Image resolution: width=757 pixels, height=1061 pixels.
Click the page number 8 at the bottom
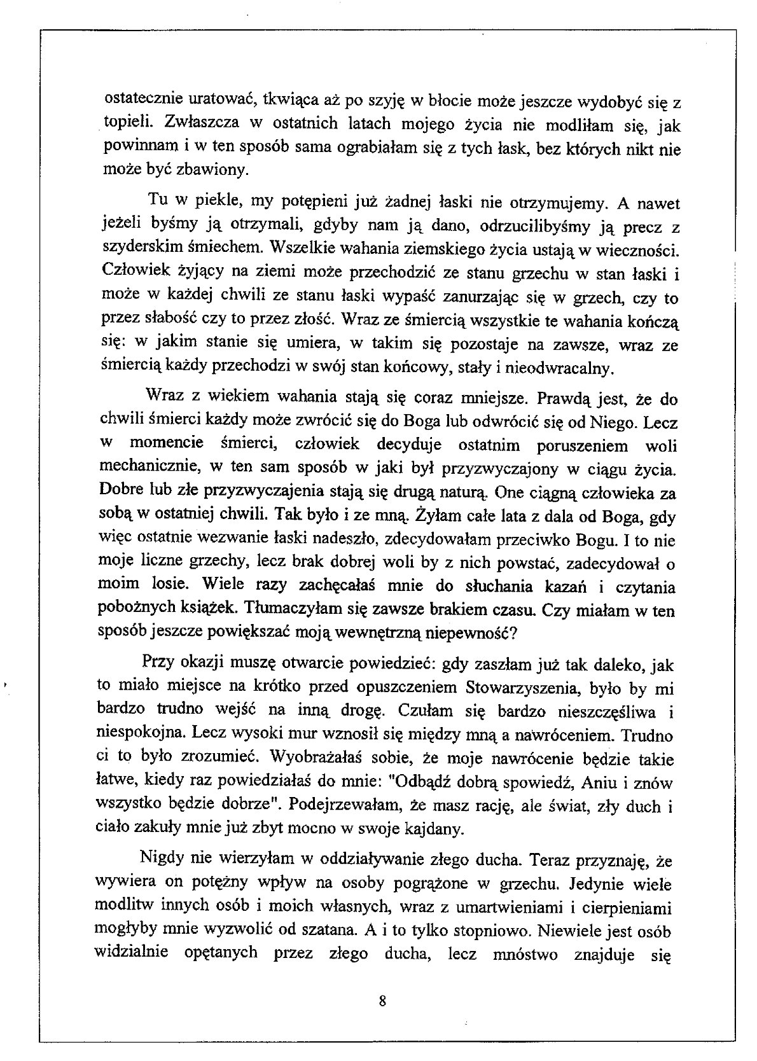tap(382, 1001)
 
